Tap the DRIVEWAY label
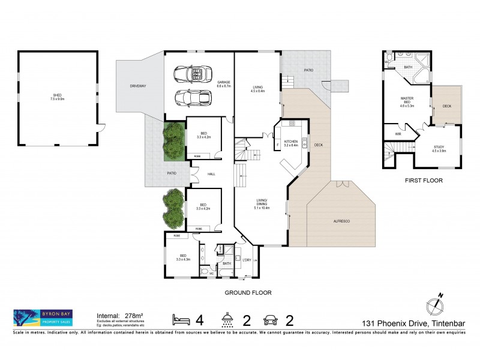click(137, 86)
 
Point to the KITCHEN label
click(291, 142)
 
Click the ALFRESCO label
click(343, 221)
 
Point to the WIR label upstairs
click(397, 134)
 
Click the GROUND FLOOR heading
click(248, 293)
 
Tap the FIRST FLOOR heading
click(424, 179)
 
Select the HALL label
click(211, 174)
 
